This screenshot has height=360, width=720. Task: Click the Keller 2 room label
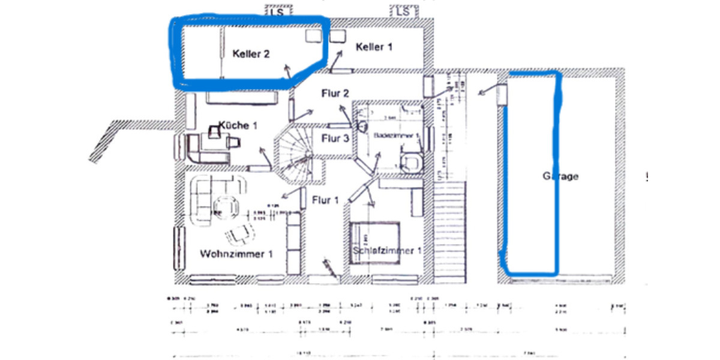(x=251, y=54)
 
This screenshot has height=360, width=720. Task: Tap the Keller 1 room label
(x=374, y=47)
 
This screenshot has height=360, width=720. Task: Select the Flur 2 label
(x=335, y=93)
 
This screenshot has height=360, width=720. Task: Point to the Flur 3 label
(x=335, y=139)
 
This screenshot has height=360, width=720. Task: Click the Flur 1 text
(x=325, y=200)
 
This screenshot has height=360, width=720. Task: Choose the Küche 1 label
(x=238, y=125)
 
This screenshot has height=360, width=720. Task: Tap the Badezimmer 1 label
(x=397, y=136)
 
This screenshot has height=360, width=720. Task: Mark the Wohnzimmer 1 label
(x=236, y=254)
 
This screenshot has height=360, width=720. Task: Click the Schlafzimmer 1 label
(x=387, y=250)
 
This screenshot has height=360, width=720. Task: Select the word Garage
(x=560, y=176)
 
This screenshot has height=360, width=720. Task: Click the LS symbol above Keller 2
(x=277, y=11)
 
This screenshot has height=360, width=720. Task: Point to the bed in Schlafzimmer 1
(x=375, y=240)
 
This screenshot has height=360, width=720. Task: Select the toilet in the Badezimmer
(x=412, y=161)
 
